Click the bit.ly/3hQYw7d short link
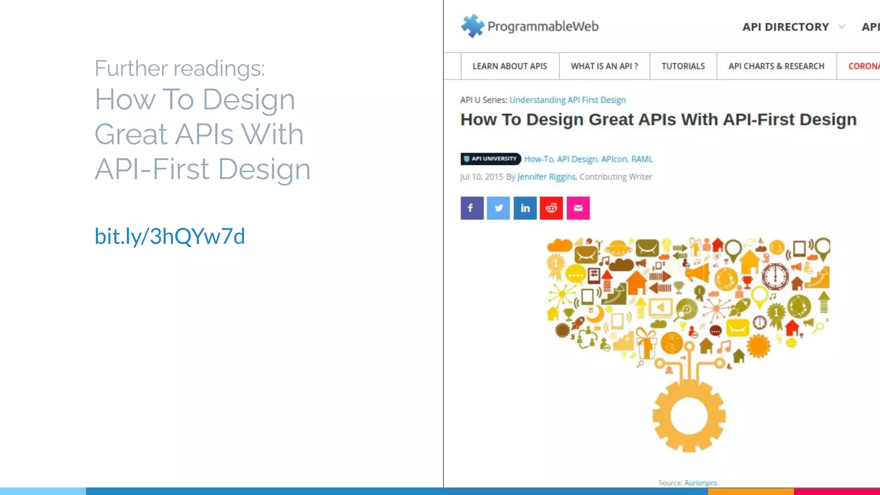point(170,236)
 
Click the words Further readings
point(180,68)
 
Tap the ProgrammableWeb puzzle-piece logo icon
point(473,26)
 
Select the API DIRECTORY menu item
point(785,27)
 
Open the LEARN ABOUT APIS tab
point(510,66)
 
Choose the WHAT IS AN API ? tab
point(604,66)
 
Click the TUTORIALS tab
point(683,66)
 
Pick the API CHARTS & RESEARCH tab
point(776,66)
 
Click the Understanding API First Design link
point(567,100)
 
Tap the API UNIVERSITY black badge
point(491,159)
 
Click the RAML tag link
point(642,159)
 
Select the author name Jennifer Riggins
point(546,177)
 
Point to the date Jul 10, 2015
point(481,177)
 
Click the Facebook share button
point(472,208)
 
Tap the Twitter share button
point(498,208)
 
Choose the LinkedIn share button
point(525,208)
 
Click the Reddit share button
point(551,208)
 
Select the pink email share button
point(578,208)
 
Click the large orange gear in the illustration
point(689,416)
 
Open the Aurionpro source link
point(700,483)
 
